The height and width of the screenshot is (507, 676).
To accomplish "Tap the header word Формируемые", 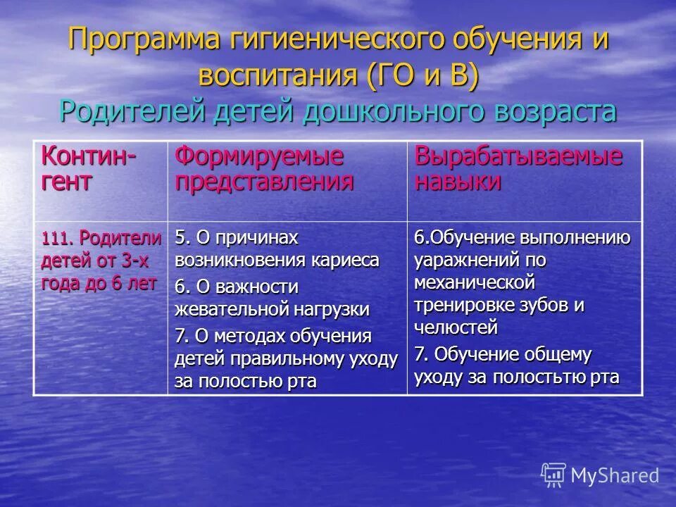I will [259, 156].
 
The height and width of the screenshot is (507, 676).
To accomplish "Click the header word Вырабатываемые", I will [519, 156].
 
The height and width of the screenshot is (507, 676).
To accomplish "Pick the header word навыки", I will [458, 182].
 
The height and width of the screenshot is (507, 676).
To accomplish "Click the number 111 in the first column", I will [54, 237].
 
